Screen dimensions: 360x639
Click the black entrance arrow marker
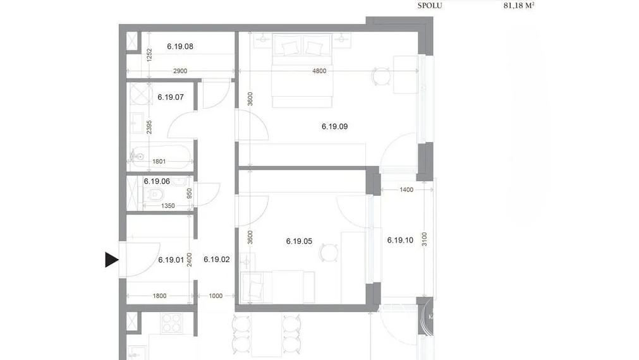(112, 260)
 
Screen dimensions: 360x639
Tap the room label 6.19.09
(334, 126)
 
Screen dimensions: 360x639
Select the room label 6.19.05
(299, 241)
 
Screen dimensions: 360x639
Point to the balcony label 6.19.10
(399, 240)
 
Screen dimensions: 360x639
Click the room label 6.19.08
(180, 46)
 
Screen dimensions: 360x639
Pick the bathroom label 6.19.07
(170, 97)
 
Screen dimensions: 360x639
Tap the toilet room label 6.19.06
(157, 181)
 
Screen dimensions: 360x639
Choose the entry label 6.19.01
(171, 259)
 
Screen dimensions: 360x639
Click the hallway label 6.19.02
(216, 259)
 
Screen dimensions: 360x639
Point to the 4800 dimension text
(319, 71)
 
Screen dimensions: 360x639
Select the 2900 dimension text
(180, 71)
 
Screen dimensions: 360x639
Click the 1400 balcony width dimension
(406, 189)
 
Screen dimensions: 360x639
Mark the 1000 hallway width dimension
(216, 296)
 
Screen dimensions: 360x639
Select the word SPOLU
(430, 6)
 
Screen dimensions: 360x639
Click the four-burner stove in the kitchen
(172, 323)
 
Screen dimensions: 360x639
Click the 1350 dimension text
(167, 206)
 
